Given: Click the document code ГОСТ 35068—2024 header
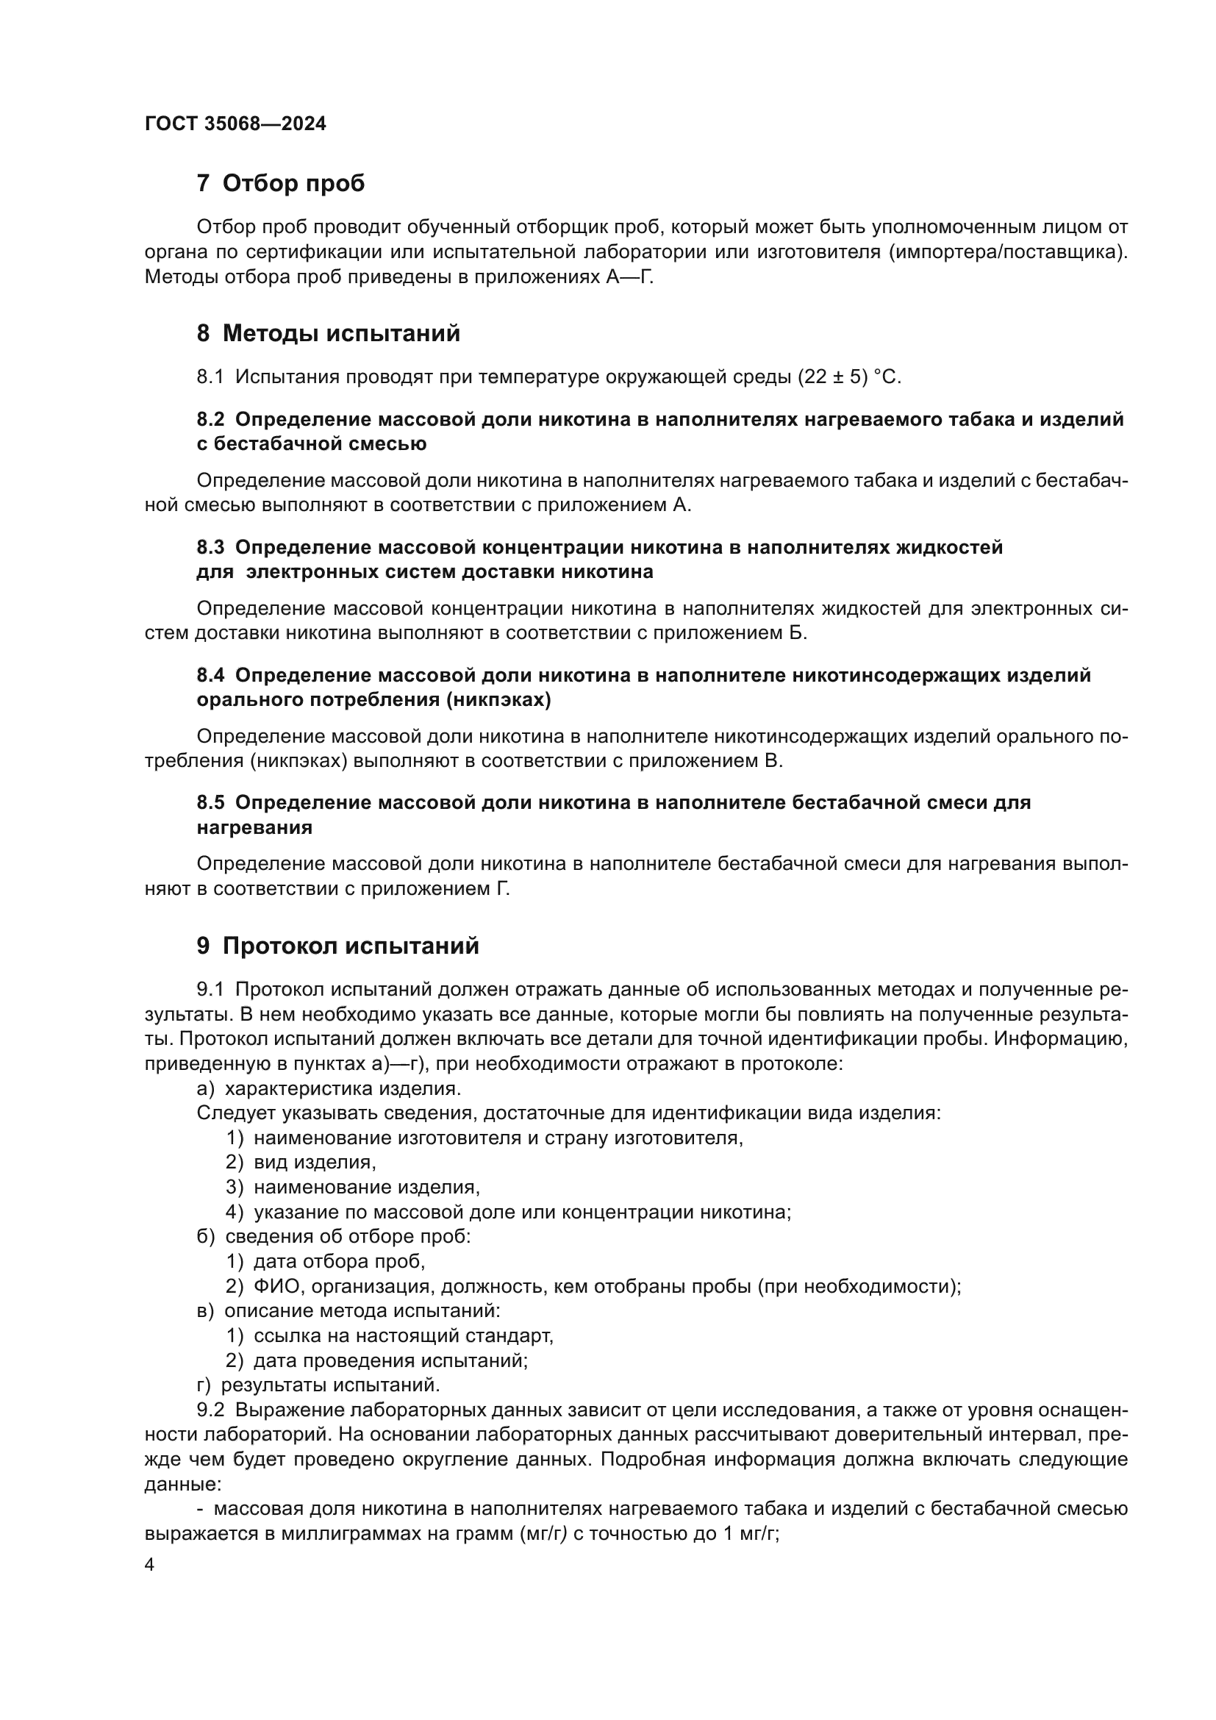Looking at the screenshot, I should [x=235, y=124].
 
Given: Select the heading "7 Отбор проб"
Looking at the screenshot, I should [x=280, y=184].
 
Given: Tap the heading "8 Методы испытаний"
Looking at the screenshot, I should [x=328, y=333].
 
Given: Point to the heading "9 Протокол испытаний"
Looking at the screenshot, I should [x=337, y=946].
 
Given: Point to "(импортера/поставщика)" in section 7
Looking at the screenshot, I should [x=1008, y=252].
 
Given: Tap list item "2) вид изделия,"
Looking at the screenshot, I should [x=301, y=1163].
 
